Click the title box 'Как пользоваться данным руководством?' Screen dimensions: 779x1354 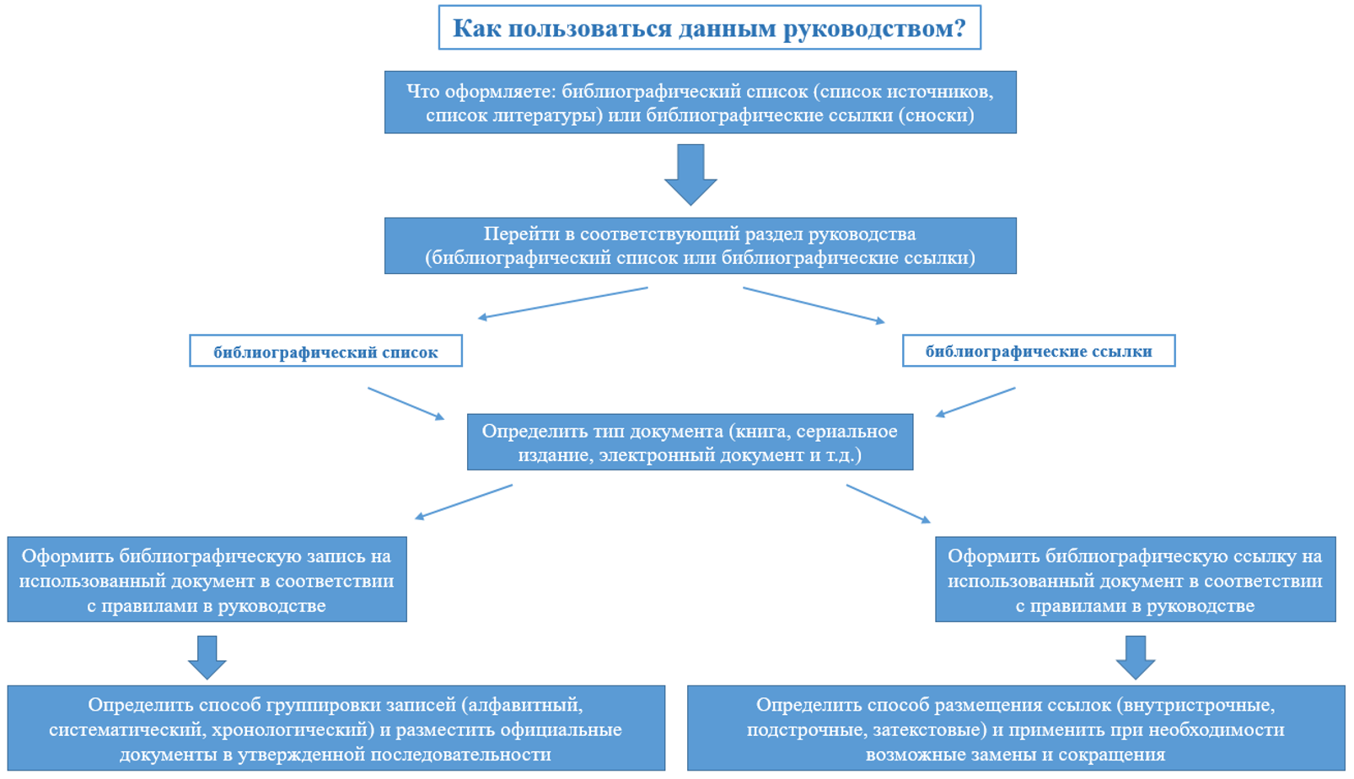pos(708,28)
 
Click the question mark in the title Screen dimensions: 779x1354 pos(959,29)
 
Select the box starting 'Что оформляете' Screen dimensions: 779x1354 pos(700,102)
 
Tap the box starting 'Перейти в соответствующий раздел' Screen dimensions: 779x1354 pos(700,245)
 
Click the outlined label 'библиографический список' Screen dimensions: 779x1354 pos(325,352)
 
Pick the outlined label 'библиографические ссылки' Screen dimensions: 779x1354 pos(1038,351)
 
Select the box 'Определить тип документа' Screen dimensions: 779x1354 pos(690,442)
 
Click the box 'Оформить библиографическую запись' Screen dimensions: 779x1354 pos(207,579)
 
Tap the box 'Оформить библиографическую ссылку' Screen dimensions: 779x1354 pos(1135,579)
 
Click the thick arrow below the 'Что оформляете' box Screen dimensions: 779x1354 pos(690,175)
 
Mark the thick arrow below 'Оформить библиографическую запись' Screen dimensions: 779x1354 pos(207,658)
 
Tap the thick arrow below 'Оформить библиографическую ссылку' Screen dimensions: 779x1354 pos(1135,658)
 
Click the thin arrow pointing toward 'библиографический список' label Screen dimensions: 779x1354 pos(562,304)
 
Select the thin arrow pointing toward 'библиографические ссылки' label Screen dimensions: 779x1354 pos(814,305)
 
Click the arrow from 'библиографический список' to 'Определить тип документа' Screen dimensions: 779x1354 pos(406,404)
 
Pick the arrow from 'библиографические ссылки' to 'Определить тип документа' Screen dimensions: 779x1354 pos(975,402)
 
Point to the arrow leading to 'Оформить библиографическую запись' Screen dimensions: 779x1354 pos(464,502)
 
